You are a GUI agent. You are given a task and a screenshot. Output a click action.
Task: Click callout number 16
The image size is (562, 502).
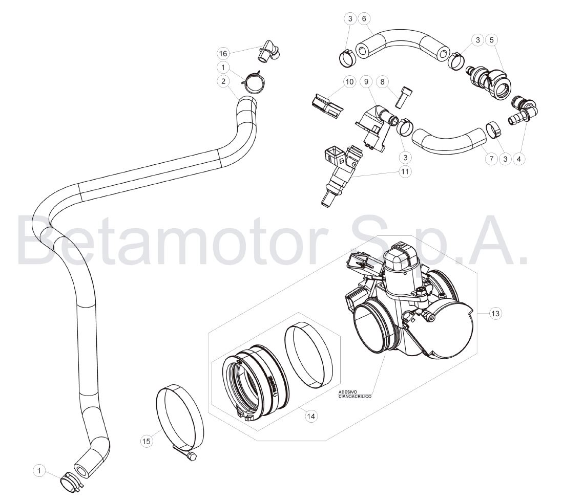click(223, 54)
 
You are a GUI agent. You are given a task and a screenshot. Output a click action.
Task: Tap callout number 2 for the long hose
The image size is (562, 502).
click(223, 81)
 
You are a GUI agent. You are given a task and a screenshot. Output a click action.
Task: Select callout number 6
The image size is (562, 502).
click(364, 18)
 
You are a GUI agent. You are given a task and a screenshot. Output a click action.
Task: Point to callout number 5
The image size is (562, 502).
click(491, 40)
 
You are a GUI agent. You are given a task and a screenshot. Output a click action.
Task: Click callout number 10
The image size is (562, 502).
click(349, 82)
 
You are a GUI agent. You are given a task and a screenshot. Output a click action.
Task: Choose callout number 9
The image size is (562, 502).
click(366, 82)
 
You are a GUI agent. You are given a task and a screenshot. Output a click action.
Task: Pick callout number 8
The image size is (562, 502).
click(382, 82)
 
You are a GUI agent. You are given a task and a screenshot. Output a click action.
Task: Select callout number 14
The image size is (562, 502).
click(311, 416)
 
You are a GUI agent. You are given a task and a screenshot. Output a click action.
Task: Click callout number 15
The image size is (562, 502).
click(146, 441)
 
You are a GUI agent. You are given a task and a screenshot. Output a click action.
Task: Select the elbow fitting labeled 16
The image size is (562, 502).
click(269, 52)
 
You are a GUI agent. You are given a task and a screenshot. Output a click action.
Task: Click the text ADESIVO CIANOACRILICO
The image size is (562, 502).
click(355, 394)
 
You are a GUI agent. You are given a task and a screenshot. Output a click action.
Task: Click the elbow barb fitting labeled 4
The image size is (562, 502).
click(523, 109)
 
